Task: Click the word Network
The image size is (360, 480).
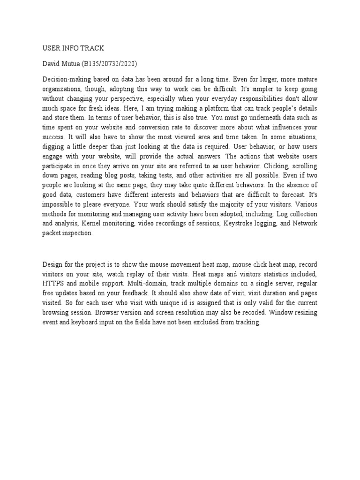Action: click(306, 223)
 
